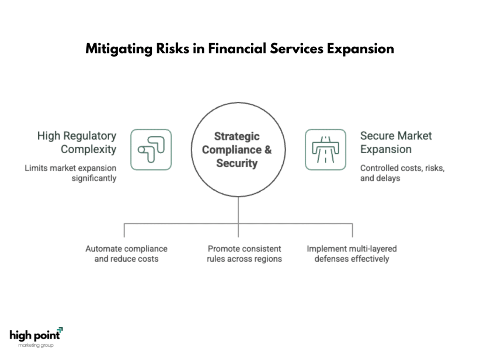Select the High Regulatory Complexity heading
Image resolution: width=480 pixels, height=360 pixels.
tap(77, 142)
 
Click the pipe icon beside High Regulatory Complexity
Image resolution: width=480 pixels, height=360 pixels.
tap(151, 150)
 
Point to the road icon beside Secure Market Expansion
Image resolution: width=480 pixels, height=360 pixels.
tap(325, 150)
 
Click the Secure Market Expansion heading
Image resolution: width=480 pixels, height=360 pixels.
tap(396, 142)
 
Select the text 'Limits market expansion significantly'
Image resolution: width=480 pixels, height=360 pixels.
tap(71, 173)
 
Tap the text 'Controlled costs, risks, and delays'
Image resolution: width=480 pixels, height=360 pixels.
tap(402, 173)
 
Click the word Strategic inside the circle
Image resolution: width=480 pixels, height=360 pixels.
tap(237, 136)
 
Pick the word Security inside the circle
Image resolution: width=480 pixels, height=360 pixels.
tap(237, 163)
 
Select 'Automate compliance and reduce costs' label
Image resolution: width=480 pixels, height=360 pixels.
tap(126, 254)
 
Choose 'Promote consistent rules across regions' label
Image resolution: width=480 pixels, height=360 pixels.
tap(244, 254)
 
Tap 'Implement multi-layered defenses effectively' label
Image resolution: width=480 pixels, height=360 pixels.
tap(352, 254)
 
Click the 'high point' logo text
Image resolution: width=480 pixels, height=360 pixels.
tap(34, 335)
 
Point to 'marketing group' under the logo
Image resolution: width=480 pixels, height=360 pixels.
tap(36, 345)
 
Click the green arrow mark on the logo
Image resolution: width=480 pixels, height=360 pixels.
tap(60, 330)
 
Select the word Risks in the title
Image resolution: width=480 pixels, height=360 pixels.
tap(171, 49)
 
